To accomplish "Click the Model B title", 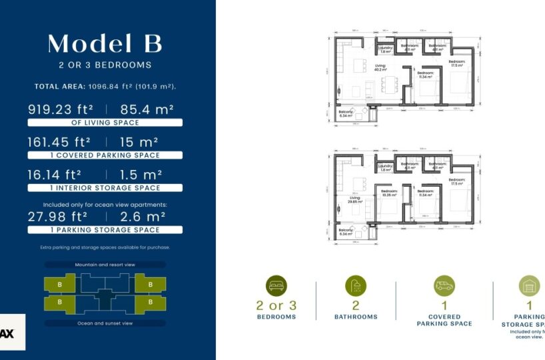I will pyautogui.click(x=105, y=43).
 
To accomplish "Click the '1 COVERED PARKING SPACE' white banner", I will pyautogui.click(x=105, y=155).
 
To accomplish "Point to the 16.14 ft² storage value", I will pyautogui.click(x=55, y=175).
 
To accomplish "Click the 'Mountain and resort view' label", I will pyautogui.click(x=105, y=265).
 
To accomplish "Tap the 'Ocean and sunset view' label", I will pyautogui.click(x=105, y=323).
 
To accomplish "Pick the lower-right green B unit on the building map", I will pyautogui.click(x=150, y=303).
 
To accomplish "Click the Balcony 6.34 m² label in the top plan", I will pyautogui.click(x=346, y=113).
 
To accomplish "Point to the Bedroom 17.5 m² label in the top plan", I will pyautogui.click(x=457, y=63).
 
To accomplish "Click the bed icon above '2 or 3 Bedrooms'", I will pyautogui.click(x=276, y=286).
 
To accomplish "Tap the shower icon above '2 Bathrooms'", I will pyautogui.click(x=356, y=286).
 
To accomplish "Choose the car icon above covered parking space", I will pyautogui.click(x=444, y=286).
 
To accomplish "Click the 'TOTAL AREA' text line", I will pyautogui.click(x=105, y=87).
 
